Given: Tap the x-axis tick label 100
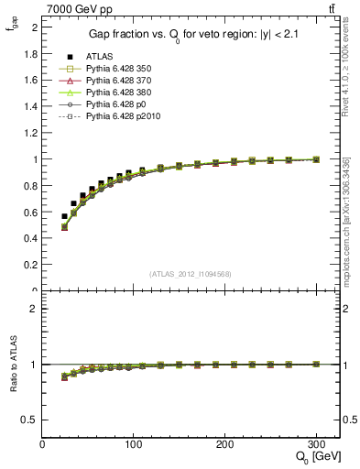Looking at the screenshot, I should (x=134, y=443).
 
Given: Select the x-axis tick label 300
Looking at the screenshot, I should (x=316, y=443).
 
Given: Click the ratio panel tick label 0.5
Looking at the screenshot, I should (x=30, y=420).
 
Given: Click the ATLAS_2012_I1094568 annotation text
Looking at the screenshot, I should (x=191, y=274).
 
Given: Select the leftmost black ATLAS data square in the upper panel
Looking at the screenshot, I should (x=64, y=216).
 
